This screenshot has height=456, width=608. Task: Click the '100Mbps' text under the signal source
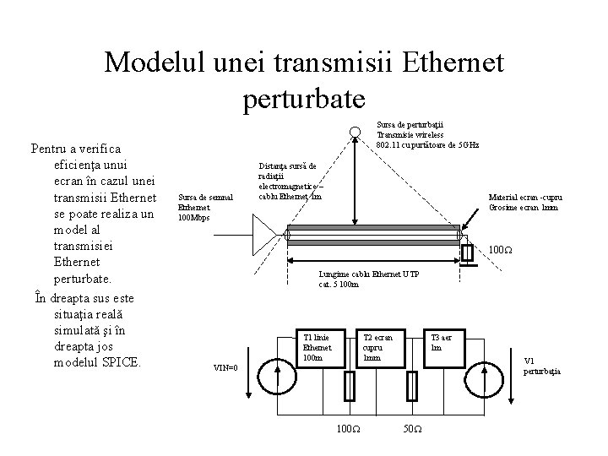[193, 217]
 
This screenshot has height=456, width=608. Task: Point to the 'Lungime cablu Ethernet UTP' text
[369, 275]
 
